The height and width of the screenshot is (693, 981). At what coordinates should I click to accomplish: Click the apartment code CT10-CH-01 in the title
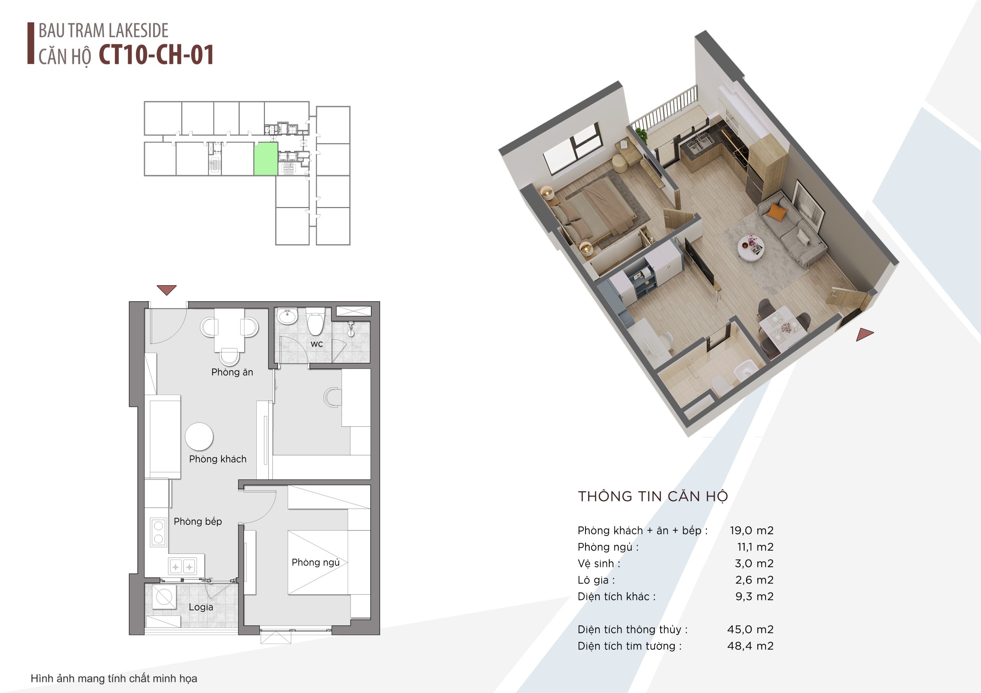[x=156, y=55]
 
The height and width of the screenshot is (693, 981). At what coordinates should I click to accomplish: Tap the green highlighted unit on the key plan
[x=266, y=159]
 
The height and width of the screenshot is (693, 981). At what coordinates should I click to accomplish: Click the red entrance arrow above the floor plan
[x=167, y=290]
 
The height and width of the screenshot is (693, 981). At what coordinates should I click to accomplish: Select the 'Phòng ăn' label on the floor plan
[x=232, y=372]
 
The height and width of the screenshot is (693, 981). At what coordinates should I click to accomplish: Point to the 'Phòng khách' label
[x=218, y=459]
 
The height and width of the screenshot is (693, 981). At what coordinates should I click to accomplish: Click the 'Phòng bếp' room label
[x=198, y=521]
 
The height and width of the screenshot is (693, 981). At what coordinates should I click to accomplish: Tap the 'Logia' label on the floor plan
[x=201, y=607]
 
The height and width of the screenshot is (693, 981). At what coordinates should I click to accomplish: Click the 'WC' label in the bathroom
[x=317, y=344]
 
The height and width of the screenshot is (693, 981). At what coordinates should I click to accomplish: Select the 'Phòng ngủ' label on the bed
[x=316, y=562]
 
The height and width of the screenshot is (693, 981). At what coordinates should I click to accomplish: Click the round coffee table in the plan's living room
[x=199, y=436]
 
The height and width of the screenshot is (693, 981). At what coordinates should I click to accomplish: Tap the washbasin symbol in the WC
[x=287, y=316]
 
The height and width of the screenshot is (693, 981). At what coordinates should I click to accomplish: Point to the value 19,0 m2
[x=751, y=530]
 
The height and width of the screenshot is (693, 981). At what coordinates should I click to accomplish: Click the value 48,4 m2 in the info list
[x=750, y=646]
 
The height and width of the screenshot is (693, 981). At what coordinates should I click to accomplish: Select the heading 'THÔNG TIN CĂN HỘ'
[x=653, y=496]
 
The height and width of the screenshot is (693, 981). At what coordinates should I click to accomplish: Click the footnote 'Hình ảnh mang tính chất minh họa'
[x=114, y=678]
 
